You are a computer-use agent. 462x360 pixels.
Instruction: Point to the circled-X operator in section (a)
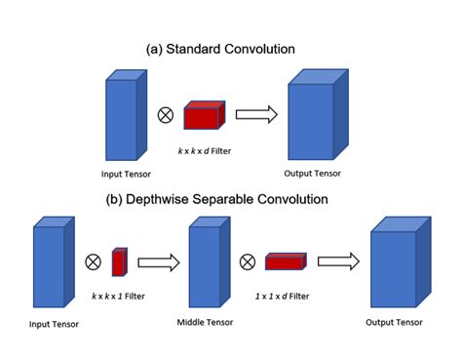165,115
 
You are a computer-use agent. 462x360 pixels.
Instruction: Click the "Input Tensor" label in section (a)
125,175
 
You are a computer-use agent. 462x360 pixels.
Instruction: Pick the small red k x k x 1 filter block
119,262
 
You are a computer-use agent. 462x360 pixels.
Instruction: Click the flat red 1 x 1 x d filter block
287,261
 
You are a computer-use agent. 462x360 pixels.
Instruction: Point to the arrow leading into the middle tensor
160,261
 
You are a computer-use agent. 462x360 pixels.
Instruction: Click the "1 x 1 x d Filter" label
286,296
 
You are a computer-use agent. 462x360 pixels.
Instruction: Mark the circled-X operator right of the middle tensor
249,261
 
